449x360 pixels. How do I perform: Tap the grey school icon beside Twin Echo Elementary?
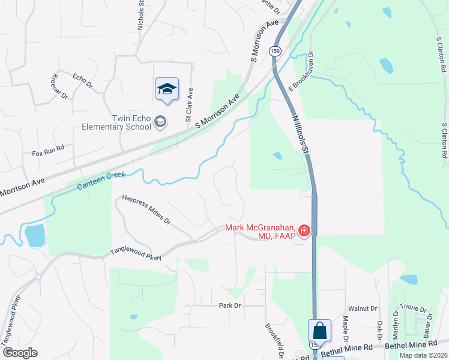click(x=160, y=122)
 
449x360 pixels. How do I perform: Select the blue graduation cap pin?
click(x=167, y=89)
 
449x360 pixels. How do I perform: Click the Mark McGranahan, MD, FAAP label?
click(x=262, y=231)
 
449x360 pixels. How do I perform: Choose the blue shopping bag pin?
click(x=319, y=331)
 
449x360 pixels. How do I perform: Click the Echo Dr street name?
click(x=82, y=81)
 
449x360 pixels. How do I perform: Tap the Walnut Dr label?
click(x=366, y=308)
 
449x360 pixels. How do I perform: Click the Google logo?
click(x=20, y=353)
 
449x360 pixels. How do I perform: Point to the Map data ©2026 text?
click(x=423, y=355)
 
